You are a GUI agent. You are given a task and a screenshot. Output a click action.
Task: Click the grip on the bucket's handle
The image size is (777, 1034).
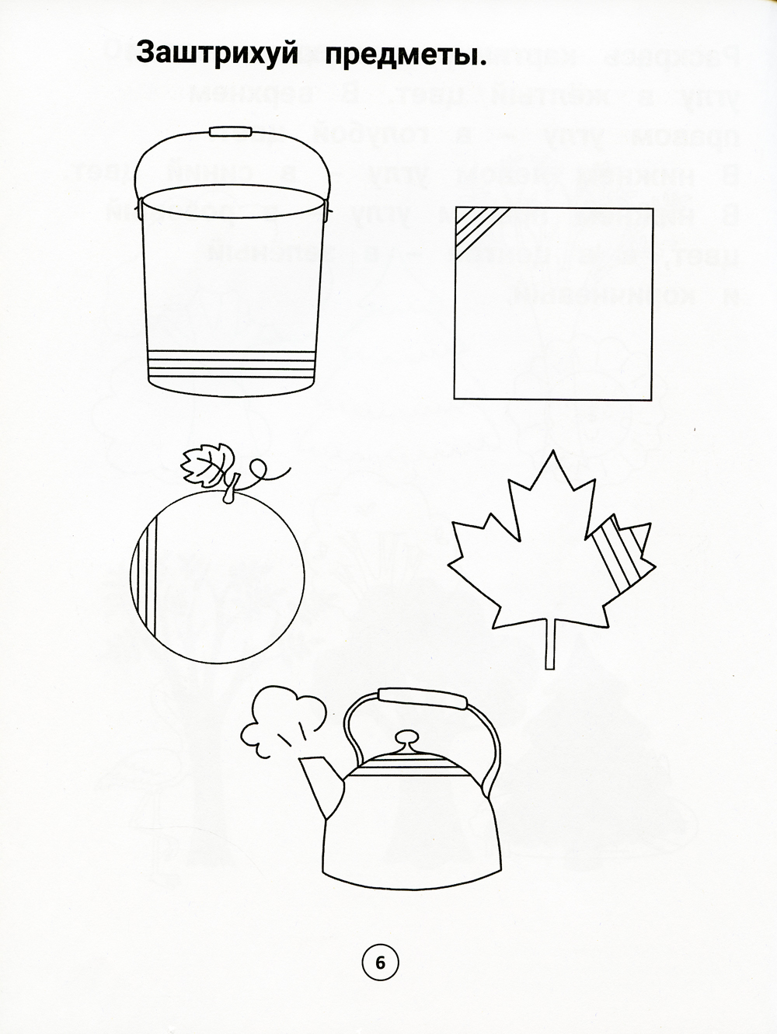[x=231, y=131]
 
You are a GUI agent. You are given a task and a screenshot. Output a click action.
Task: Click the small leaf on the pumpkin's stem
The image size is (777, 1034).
[x=207, y=465]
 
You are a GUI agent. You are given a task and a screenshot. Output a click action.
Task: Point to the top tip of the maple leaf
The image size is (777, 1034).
[x=552, y=451]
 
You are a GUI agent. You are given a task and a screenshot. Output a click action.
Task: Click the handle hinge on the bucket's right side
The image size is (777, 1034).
[x=326, y=208]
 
